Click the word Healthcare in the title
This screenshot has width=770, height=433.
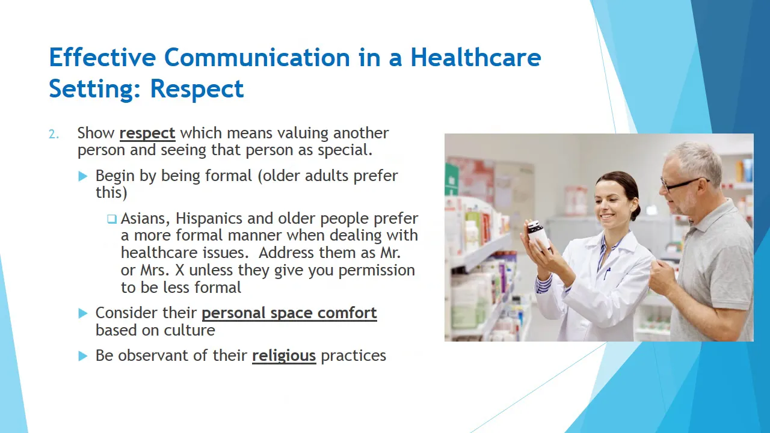click(x=476, y=57)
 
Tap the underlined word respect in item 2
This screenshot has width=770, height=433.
click(x=147, y=134)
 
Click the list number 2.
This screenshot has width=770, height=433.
click(x=54, y=134)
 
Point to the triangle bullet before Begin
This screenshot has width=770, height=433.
click(x=83, y=176)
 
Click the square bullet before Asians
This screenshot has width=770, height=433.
click(x=112, y=219)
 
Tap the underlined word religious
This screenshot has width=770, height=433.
click(x=284, y=356)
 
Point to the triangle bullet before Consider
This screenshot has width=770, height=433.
click(x=83, y=313)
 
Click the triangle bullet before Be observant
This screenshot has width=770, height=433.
click(x=83, y=356)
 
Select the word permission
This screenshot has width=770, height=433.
click(x=377, y=271)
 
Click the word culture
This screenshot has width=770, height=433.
click(x=189, y=330)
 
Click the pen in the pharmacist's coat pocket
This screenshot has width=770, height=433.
click(x=607, y=273)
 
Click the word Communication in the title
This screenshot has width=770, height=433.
click(x=257, y=57)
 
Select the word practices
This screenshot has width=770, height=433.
click(x=353, y=356)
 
